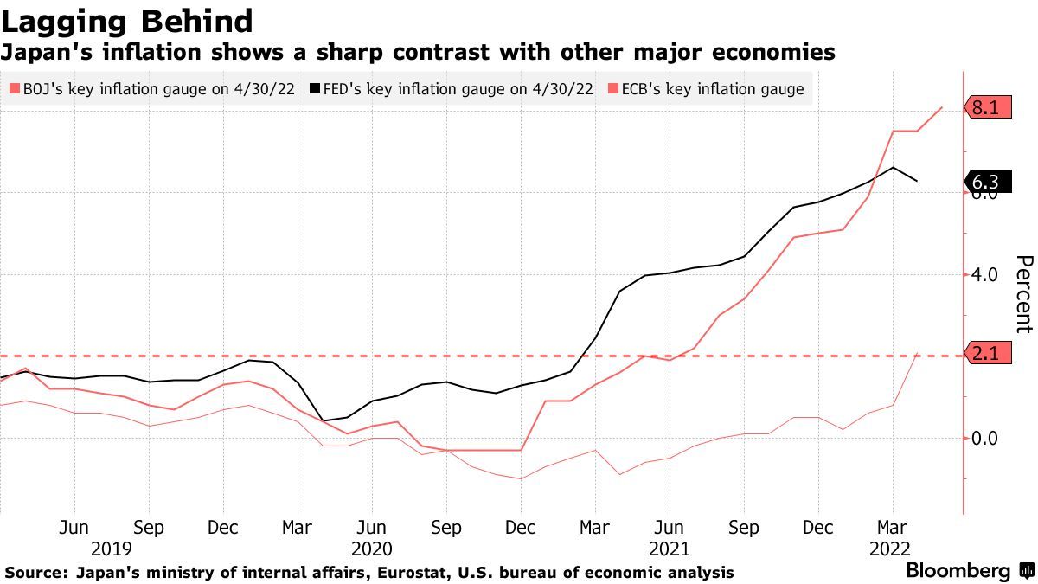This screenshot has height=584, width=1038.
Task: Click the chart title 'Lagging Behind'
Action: tap(127, 21)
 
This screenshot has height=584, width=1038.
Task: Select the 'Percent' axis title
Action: tap(1023, 294)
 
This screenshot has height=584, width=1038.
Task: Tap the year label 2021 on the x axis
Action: tap(669, 549)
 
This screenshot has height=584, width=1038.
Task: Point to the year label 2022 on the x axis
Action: tap(891, 549)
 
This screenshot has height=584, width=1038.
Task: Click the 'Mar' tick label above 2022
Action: tap(892, 528)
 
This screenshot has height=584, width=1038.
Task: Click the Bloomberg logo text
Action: tap(958, 571)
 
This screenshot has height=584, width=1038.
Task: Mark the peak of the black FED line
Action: tap(893, 167)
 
